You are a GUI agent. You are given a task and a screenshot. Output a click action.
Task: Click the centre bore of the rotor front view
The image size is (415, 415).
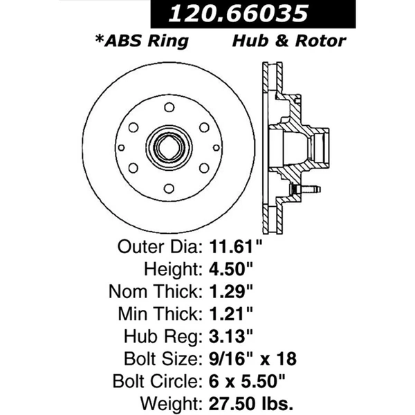[x=168, y=147]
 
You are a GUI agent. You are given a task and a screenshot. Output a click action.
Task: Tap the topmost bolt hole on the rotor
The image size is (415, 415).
[x=168, y=107]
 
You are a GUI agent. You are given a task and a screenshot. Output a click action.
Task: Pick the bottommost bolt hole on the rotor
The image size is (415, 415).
[x=168, y=188]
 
